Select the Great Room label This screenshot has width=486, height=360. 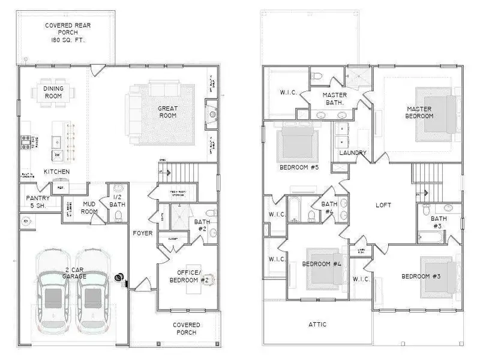(x=167, y=112)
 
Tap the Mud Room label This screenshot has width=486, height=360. (x=89, y=208)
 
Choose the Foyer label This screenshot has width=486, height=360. (x=143, y=233)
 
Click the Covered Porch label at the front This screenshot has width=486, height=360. (x=187, y=329)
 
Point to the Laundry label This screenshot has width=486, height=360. (x=352, y=153)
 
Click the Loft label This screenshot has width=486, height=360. (x=383, y=205)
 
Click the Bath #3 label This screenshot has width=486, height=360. (x=439, y=222)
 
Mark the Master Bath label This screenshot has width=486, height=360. (x=334, y=99)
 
